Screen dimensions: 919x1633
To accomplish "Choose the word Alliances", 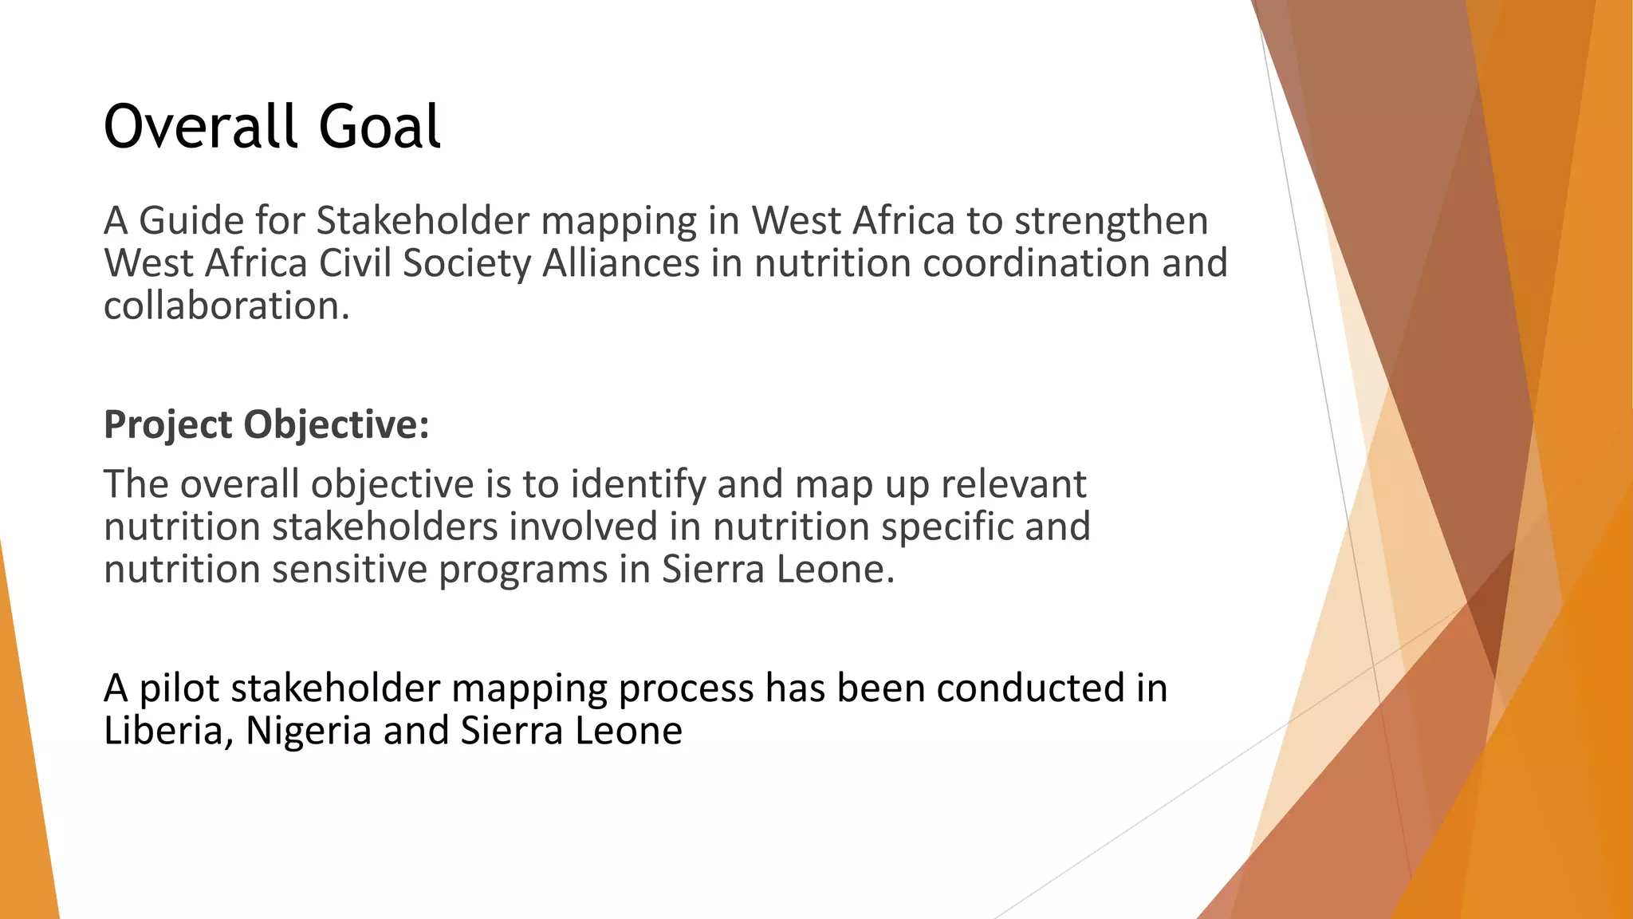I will coord(621,263).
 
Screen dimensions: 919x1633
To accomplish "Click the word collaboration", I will coord(226,306).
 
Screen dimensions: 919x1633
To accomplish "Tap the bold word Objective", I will coord(336,425).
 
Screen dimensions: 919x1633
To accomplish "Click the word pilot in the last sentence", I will coord(179,688).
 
